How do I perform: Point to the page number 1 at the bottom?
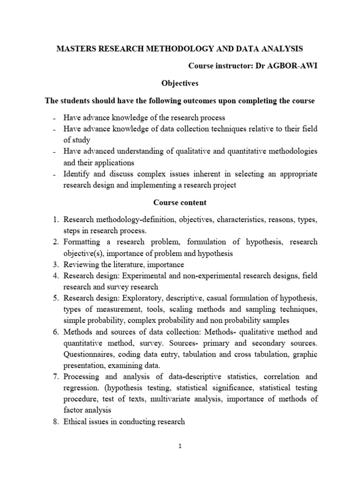(180, 446)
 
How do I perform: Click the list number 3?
(55, 264)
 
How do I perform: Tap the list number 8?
(55, 421)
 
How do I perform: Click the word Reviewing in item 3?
(81, 264)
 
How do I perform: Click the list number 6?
(55, 332)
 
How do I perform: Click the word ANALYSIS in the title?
(280, 48)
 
